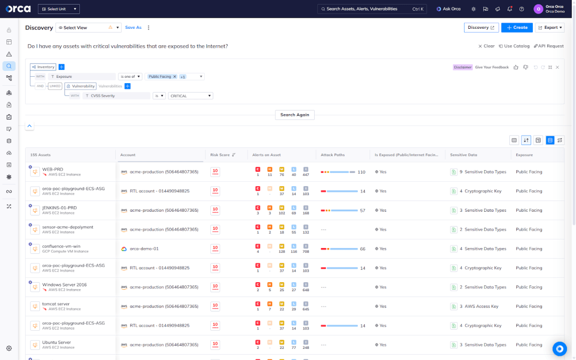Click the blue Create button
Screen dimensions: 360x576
(517, 28)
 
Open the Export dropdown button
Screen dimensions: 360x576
(549, 28)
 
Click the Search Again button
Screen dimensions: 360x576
(295, 115)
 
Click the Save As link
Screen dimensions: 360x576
(133, 28)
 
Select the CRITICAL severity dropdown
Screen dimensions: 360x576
(190, 96)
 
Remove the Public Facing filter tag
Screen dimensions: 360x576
(174, 77)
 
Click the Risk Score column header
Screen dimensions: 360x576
(220, 155)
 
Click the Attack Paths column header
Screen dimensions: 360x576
(332, 155)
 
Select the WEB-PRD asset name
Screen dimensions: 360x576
(53, 169)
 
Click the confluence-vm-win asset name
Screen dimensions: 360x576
(61, 246)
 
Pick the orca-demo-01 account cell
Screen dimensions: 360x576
(144, 249)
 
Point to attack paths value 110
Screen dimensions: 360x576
(361, 172)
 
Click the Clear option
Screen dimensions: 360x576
(486, 46)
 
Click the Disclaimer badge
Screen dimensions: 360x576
(462, 67)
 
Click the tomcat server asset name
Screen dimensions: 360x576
(56, 304)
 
